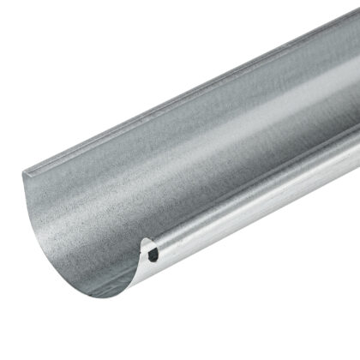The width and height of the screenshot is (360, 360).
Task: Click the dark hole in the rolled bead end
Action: tap(153, 255)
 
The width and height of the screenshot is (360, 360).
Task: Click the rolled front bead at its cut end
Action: tap(151, 251)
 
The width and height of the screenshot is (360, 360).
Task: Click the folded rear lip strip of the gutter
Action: tap(171, 94)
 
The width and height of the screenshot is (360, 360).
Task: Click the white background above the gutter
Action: tap(86, 51)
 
